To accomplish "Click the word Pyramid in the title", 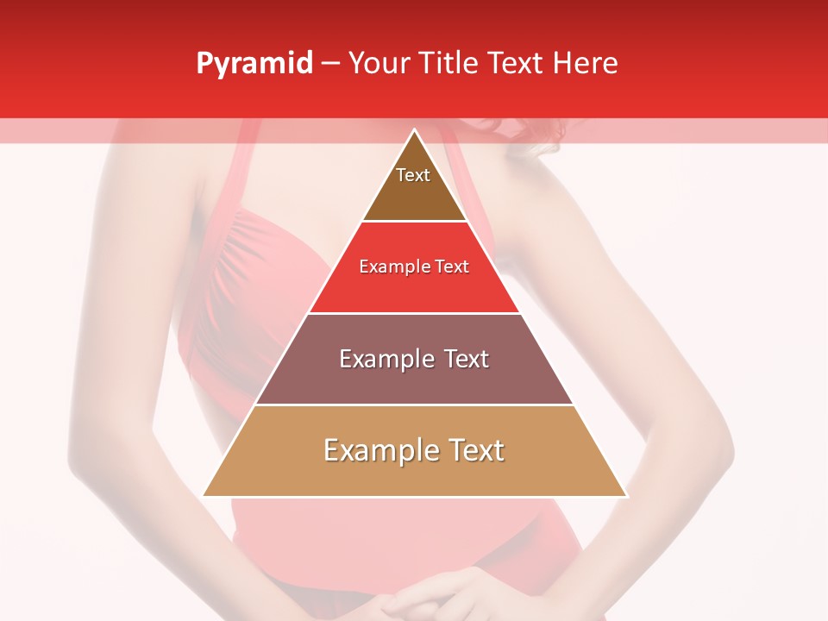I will [x=254, y=64].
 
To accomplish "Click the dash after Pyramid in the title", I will [x=329, y=64].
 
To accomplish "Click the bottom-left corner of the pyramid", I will [x=204, y=495].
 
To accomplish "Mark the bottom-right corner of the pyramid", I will [x=625, y=495].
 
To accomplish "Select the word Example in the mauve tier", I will [x=385, y=359].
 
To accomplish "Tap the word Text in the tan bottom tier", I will [x=473, y=450].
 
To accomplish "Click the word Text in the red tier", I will [x=452, y=267].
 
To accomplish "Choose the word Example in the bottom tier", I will [x=376, y=450].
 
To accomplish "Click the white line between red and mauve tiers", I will [x=414, y=313].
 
